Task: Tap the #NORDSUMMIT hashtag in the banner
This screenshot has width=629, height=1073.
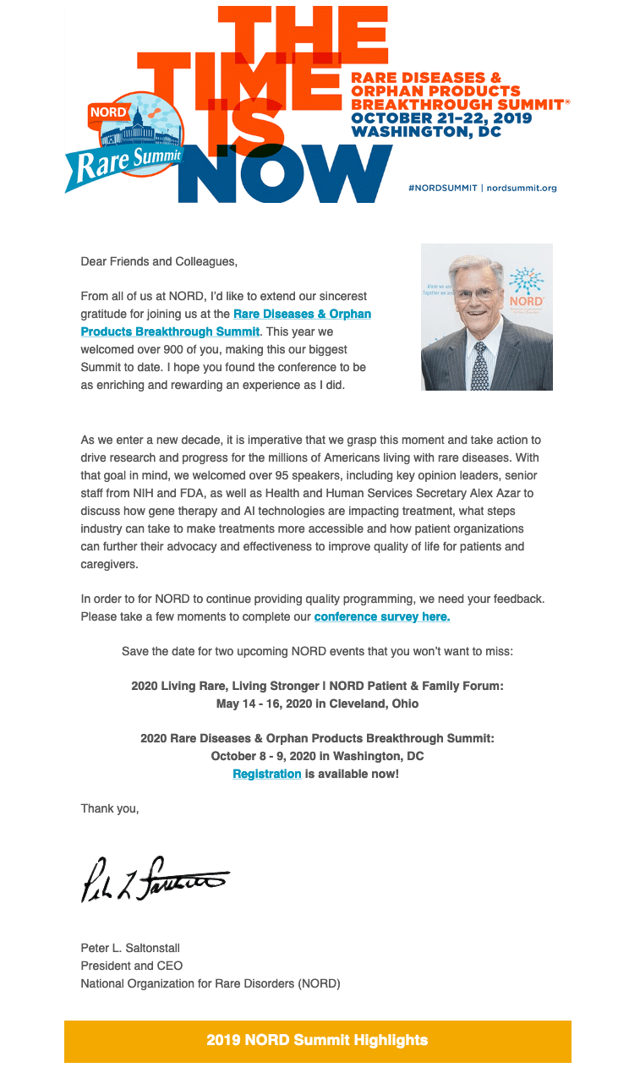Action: click(x=442, y=188)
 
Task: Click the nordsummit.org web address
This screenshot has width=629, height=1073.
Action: click(x=522, y=188)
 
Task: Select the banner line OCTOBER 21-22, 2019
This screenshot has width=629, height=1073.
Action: click(x=441, y=118)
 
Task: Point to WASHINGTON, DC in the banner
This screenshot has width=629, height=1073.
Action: click(x=426, y=132)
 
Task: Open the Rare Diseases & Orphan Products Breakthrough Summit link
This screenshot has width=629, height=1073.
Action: click(x=226, y=322)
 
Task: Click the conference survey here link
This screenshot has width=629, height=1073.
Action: click(x=381, y=616)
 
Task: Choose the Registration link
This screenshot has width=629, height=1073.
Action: click(x=267, y=773)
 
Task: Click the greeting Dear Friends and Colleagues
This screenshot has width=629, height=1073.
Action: click(x=159, y=261)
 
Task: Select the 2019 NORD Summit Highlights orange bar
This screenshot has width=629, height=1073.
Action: click(x=317, y=1040)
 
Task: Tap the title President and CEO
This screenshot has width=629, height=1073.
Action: click(x=131, y=965)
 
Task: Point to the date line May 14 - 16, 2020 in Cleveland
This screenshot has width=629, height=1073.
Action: click(x=317, y=703)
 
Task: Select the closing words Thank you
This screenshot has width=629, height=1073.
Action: click(x=109, y=808)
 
